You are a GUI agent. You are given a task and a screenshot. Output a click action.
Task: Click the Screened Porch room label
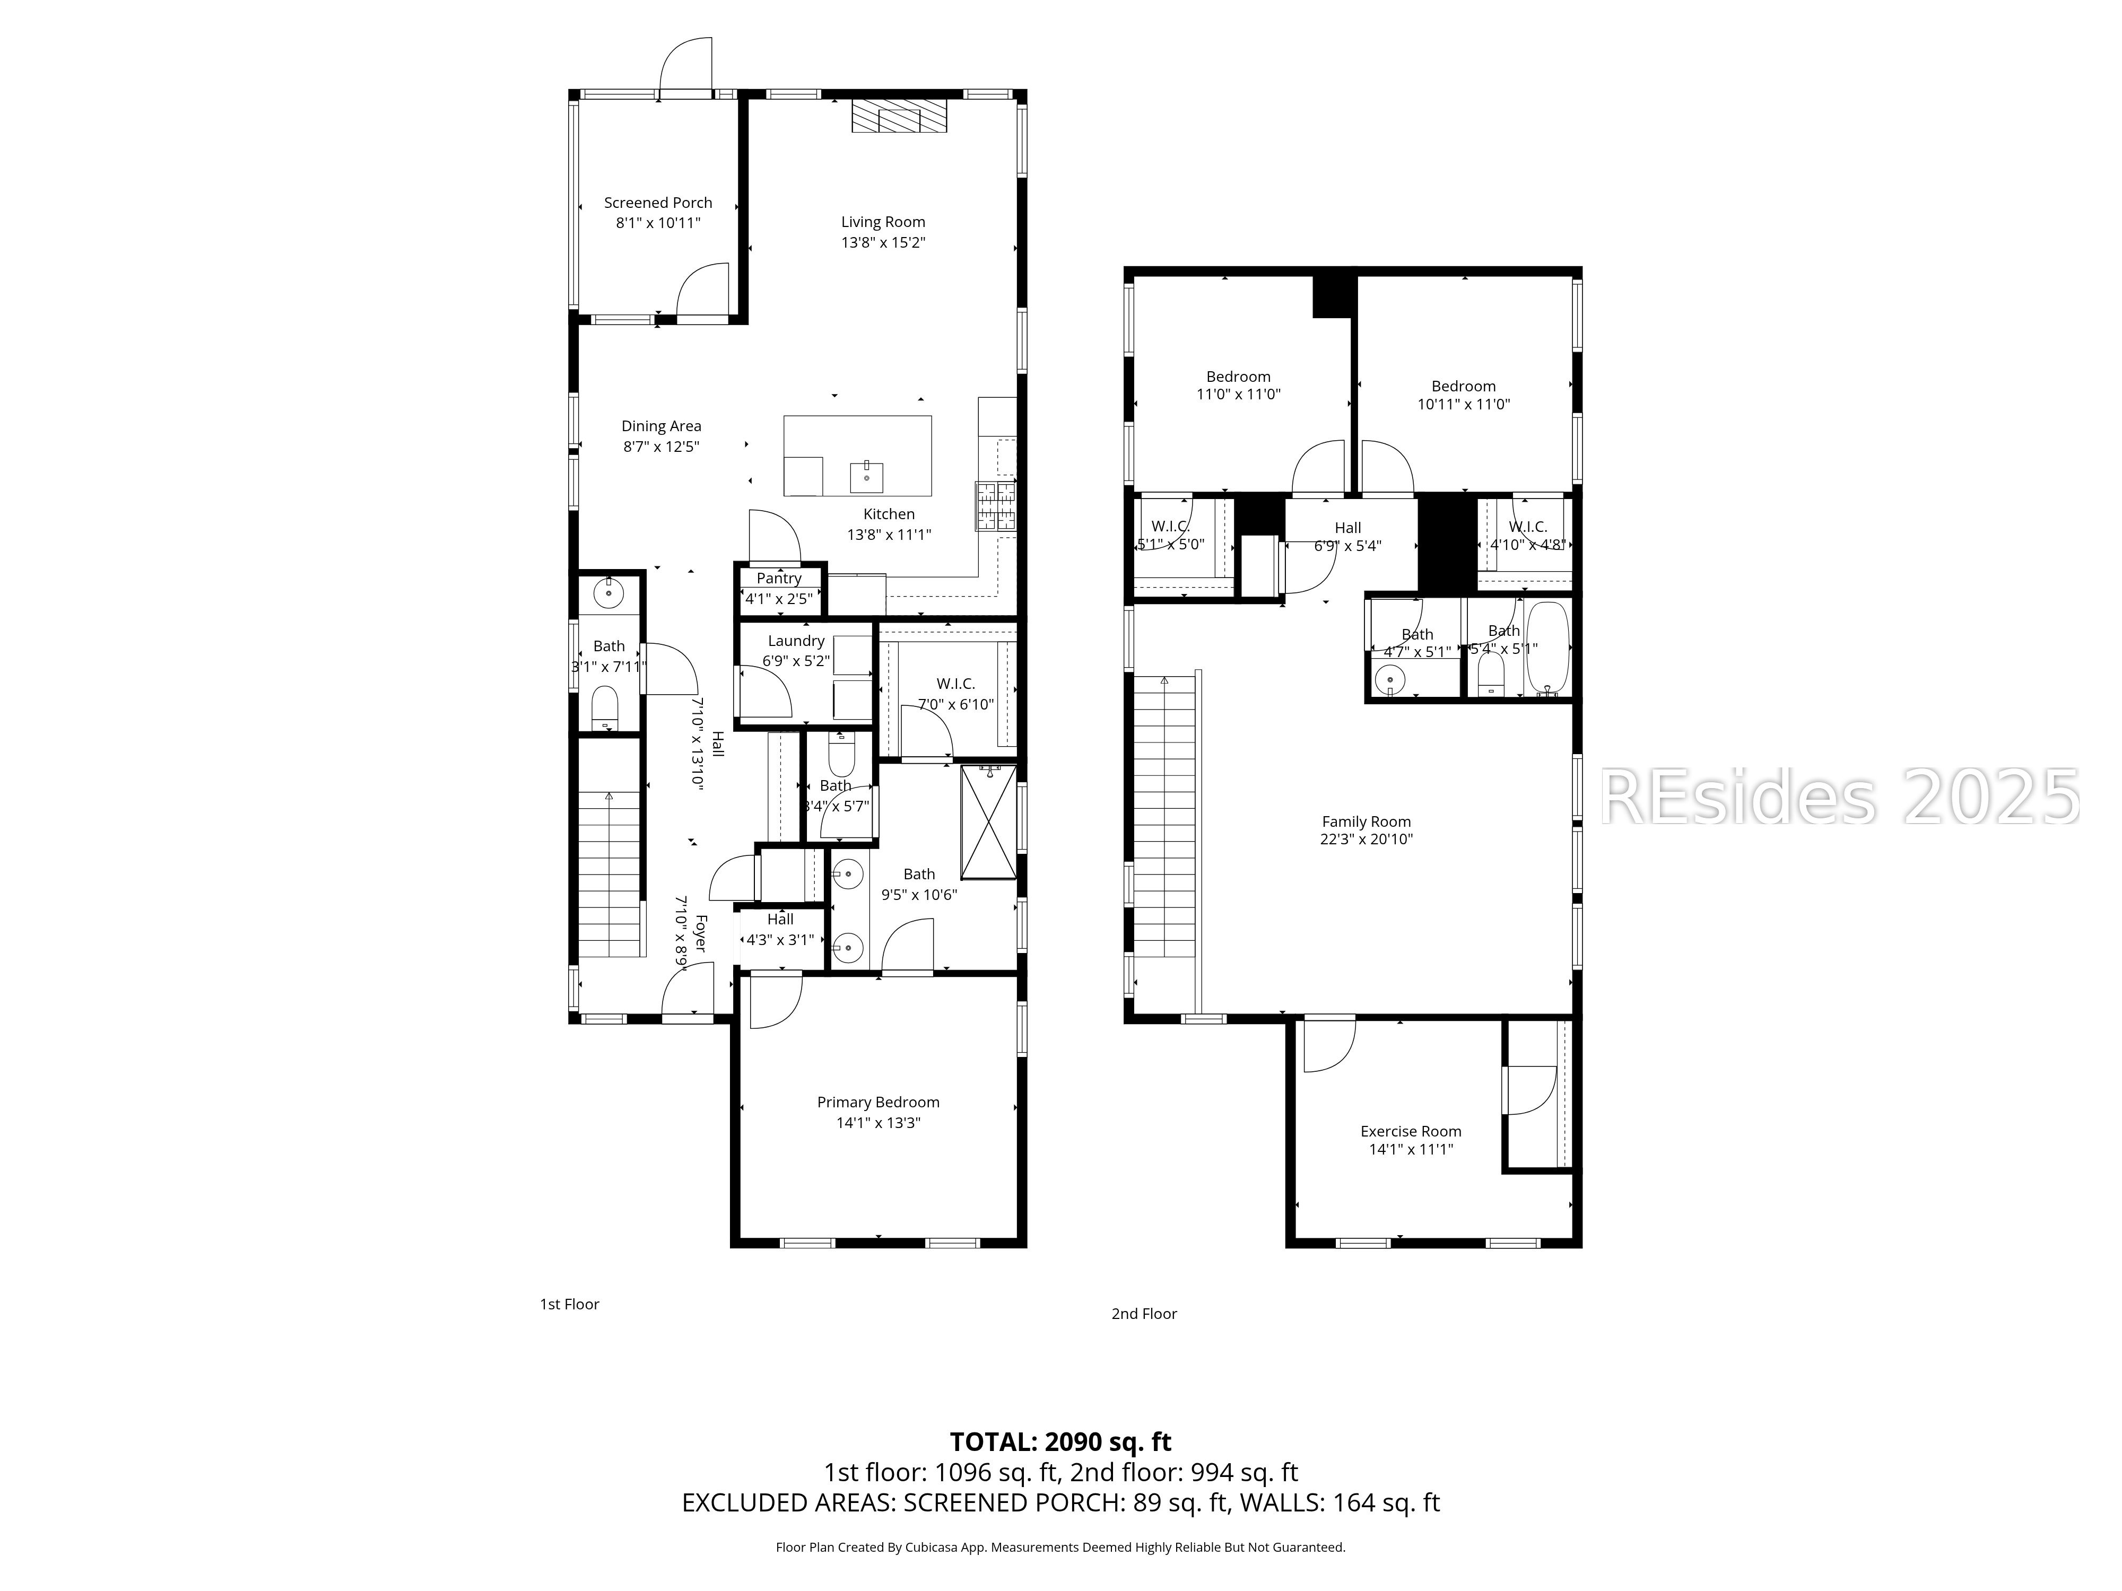(x=658, y=203)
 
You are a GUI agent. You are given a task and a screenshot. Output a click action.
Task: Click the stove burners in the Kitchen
(x=996, y=505)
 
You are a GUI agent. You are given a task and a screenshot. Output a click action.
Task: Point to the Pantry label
(x=778, y=578)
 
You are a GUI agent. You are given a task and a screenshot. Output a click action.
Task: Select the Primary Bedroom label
(x=878, y=1102)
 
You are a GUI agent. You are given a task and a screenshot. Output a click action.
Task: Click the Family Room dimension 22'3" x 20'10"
(x=1366, y=839)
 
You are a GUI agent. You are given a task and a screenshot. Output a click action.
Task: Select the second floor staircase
(x=1164, y=815)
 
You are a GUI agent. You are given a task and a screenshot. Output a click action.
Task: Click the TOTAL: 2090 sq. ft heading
(x=1060, y=1441)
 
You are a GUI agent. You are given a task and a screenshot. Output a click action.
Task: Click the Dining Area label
(x=661, y=426)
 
